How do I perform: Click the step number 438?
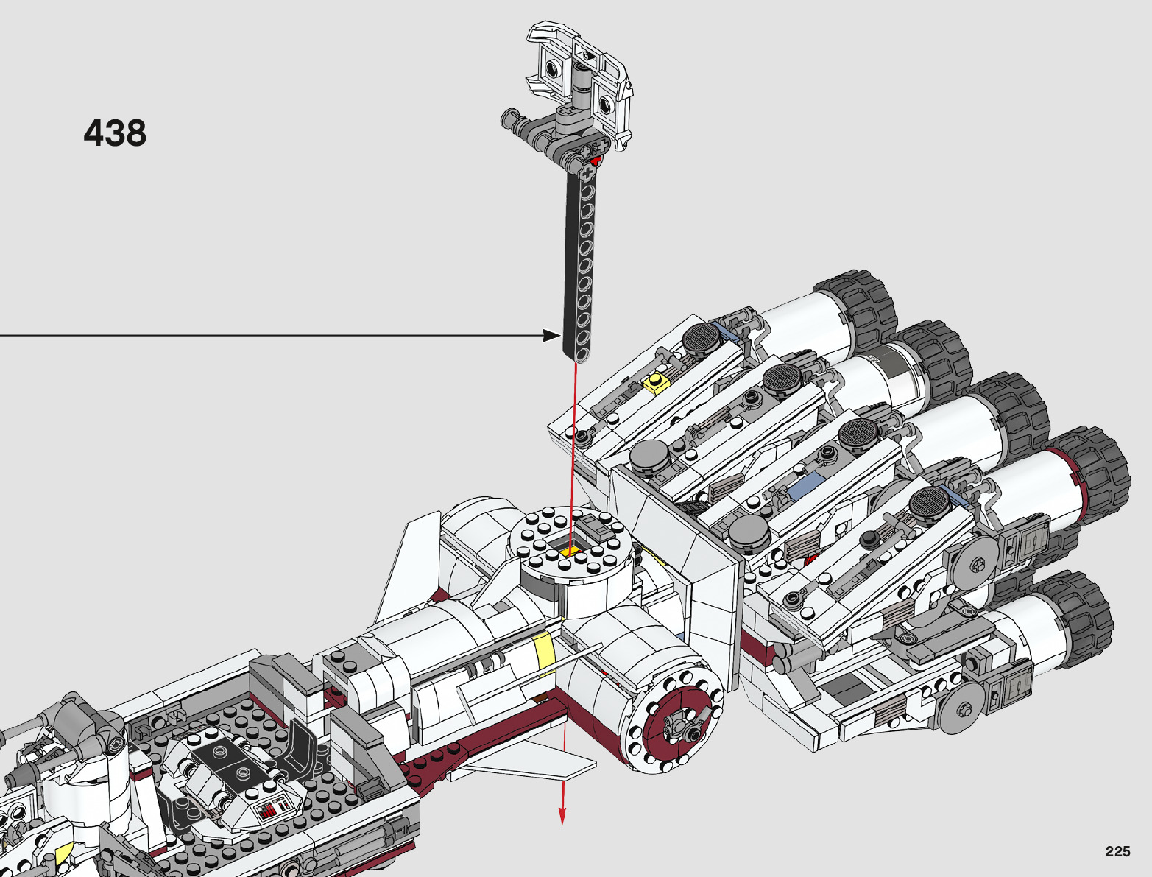click(115, 133)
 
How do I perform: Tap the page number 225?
click(1117, 851)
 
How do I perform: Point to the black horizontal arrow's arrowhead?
click(551, 335)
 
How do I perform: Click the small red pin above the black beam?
click(596, 159)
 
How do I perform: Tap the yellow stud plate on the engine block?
click(655, 383)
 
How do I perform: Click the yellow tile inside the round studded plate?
click(570, 552)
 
